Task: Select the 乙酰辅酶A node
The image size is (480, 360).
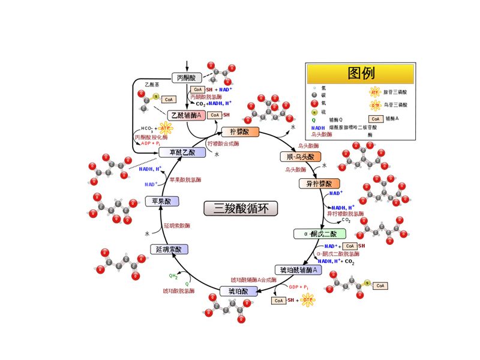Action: click(x=186, y=115)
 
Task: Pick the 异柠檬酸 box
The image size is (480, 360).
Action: click(x=319, y=184)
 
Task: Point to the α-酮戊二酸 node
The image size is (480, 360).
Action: click(x=319, y=233)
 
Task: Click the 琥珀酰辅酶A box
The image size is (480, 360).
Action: click(x=298, y=270)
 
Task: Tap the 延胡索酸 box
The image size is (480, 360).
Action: click(x=169, y=249)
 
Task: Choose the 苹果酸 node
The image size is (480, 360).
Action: click(x=162, y=201)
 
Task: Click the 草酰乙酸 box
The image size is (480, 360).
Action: click(x=182, y=152)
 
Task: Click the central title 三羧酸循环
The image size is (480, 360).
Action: click(x=241, y=208)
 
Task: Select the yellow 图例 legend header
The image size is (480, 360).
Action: click(x=361, y=73)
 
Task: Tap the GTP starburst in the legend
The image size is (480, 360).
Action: click(x=375, y=105)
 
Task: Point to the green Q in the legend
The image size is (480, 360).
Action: click(x=314, y=119)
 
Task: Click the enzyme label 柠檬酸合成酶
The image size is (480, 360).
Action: click(x=223, y=144)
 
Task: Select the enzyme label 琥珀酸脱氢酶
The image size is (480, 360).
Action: click(x=178, y=291)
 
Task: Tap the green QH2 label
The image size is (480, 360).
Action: click(x=173, y=277)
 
